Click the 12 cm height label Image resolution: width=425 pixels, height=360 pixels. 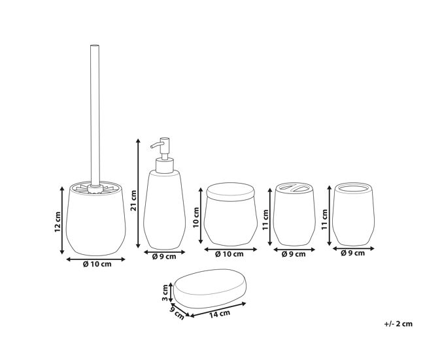point(58,221)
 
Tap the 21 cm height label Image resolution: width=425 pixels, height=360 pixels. point(133,201)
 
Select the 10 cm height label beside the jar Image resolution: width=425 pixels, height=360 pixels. point(196,218)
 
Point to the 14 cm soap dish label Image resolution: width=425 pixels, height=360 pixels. point(220,314)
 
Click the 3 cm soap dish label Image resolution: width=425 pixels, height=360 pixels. point(165,293)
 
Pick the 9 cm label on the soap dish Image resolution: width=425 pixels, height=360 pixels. point(177,312)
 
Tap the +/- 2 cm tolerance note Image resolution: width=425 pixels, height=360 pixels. point(398,323)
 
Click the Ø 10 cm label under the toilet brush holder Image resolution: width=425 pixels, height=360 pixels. point(97,264)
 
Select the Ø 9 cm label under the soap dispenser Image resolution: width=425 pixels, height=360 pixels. point(164,257)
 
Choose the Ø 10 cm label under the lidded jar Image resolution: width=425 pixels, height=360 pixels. point(229,254)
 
